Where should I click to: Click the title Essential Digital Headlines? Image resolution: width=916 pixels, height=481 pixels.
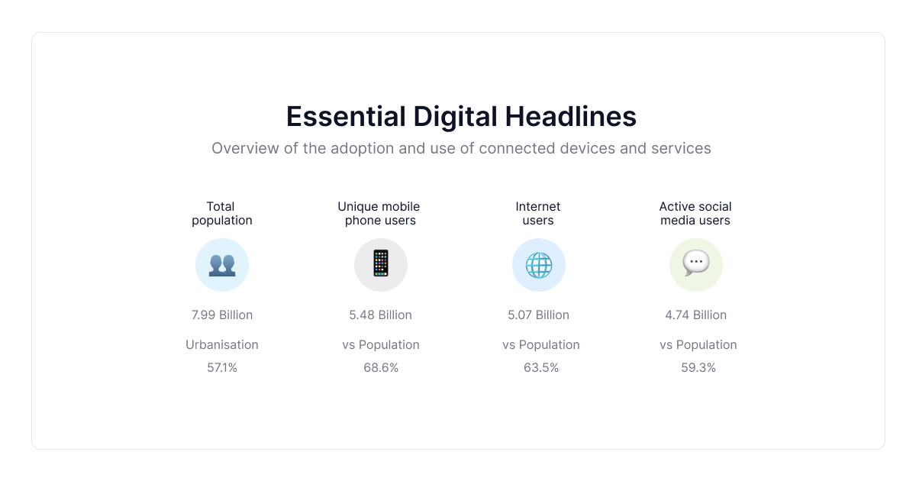point(461,117)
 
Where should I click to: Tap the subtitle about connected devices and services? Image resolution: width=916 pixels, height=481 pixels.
point(461,148)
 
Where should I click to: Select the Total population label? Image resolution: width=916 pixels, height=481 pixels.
point(221,213)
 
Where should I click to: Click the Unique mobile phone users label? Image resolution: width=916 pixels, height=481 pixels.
point(379,213)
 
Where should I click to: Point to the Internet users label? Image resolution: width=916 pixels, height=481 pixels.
point(538,213)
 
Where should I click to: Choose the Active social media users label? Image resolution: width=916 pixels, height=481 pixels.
point(695,213)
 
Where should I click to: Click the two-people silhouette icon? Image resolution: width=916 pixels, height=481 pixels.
point(222,265)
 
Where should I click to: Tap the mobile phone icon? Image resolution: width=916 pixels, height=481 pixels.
point(380,264)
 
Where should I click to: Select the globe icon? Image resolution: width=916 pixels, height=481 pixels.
point(539,265)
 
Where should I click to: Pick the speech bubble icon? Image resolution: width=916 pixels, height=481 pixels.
point(696,264)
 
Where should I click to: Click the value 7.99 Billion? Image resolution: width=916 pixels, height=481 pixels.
point(222,315)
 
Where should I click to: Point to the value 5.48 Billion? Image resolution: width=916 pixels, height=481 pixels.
point(380,315)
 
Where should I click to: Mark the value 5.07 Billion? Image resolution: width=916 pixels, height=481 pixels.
point(539,315)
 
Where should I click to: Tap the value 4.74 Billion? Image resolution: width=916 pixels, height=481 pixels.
point(695,315)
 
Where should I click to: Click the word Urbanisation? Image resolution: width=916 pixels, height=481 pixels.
point(222,345)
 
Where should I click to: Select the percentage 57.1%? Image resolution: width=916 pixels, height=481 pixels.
point(222,368)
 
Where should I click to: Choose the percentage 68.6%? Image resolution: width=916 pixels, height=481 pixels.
point(381,368)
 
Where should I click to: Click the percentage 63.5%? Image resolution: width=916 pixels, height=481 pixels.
point(541,368)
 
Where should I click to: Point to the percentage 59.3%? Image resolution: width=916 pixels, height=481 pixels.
point(698,368)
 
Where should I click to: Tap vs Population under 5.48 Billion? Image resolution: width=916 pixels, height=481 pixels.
point(381,345)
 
